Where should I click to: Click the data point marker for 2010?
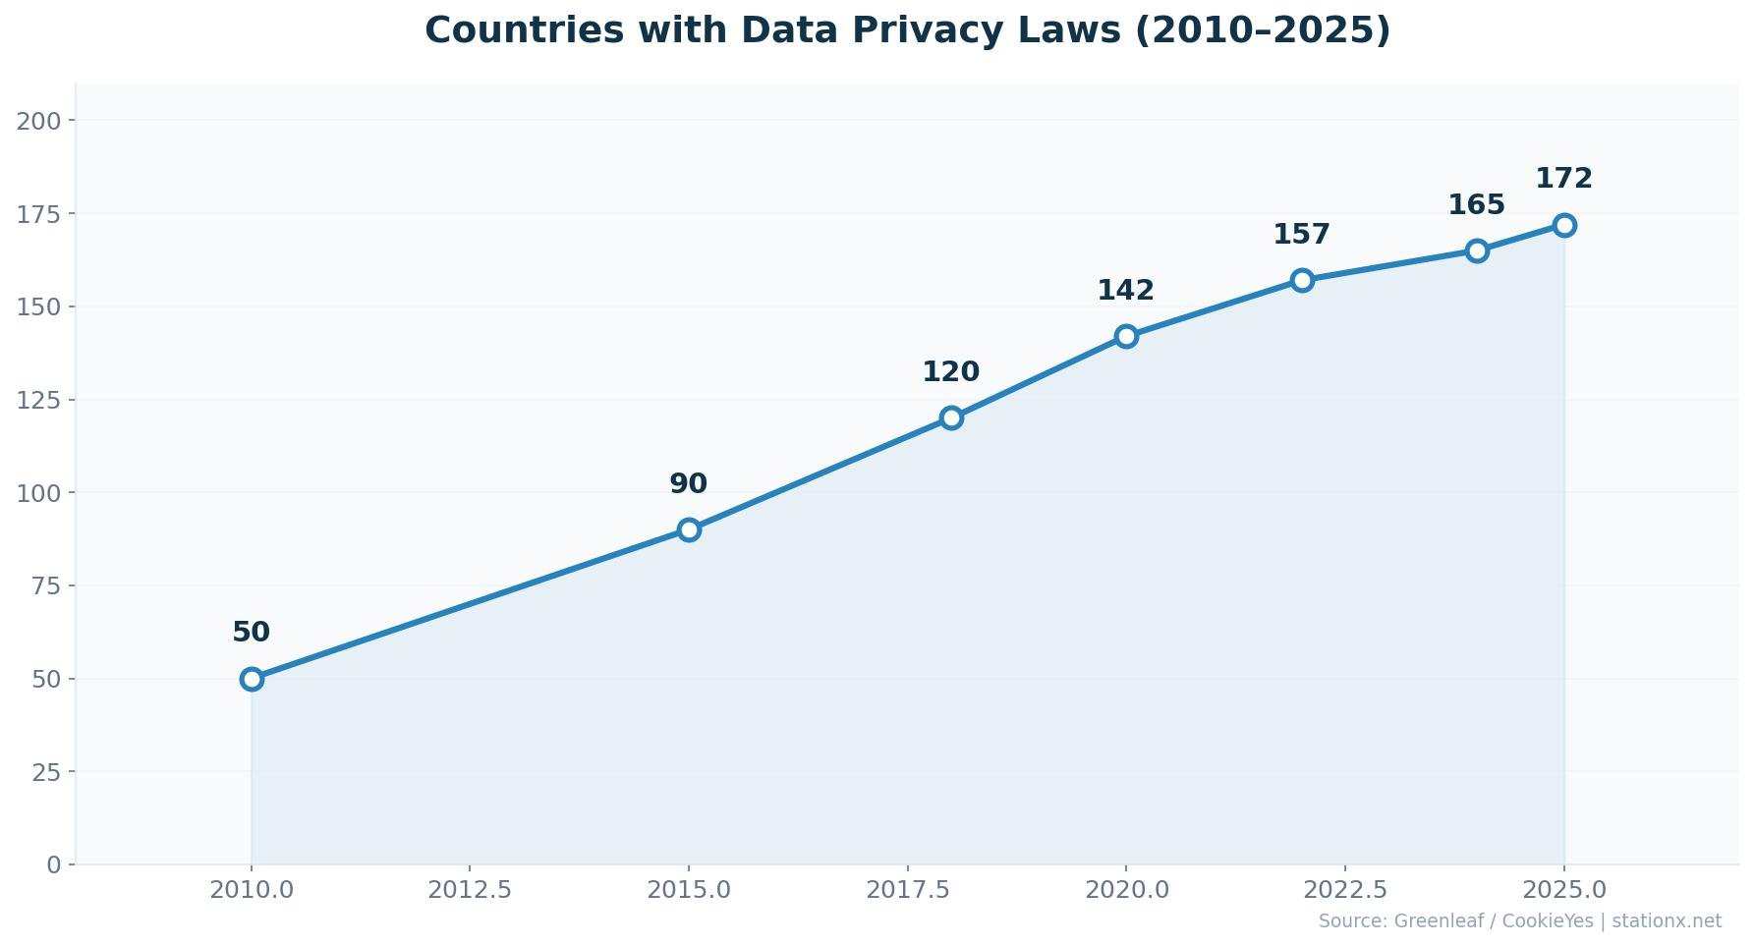252,679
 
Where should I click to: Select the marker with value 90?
689,529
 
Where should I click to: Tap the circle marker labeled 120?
951,417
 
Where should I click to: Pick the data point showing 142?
1126,336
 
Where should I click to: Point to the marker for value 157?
1302,280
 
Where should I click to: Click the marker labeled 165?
1477,250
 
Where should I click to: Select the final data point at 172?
1564,225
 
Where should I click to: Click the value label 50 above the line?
252,633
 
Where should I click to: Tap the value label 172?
1564,179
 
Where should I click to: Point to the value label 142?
1126,291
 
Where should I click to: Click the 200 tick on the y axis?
39,121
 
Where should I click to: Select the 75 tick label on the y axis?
46,586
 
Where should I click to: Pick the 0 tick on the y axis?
54,865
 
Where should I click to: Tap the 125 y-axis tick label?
39,400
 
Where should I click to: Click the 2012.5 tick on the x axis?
470,890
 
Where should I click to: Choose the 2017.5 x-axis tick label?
908,890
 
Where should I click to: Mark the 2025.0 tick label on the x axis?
1564,890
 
